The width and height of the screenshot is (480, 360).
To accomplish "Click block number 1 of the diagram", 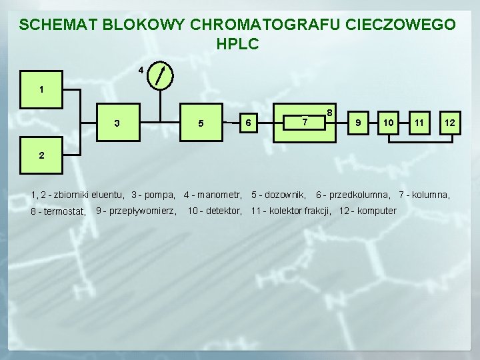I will pyautogui.click(x=41, y=89).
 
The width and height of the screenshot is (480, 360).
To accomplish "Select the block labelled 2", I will pyautogui.click(x=41, y=156).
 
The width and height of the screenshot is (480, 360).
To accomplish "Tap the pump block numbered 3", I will pyautogui.click(x=118, y=123).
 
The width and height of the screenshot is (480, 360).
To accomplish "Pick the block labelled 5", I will pyautogui.click(x=201, y=123).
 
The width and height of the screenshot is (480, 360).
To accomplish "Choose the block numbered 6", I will pyautogui.click(x=247, y=123).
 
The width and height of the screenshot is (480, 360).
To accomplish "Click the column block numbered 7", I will pyautogui.click(x=304, y=123).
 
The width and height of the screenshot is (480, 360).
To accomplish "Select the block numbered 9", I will pyautogui.click(x=359, y=123).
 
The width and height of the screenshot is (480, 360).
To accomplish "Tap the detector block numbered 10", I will pyautogui.click(x=388, y=123).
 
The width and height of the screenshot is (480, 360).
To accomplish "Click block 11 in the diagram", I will pyautogui.click(x=419, y=123).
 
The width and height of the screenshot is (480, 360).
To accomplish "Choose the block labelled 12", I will pyautogui.click(x=450, y=123).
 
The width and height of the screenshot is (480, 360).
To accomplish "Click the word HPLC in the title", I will pyautogui.click(x=237, y=45).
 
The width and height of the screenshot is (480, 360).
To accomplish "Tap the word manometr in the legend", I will pyautogui.click(x=219, y=195).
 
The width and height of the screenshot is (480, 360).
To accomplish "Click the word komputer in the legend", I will pyautogui.click(x=376, y=211).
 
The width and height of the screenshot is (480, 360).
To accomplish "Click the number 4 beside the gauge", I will pyautogui.click(x=141, y=70).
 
